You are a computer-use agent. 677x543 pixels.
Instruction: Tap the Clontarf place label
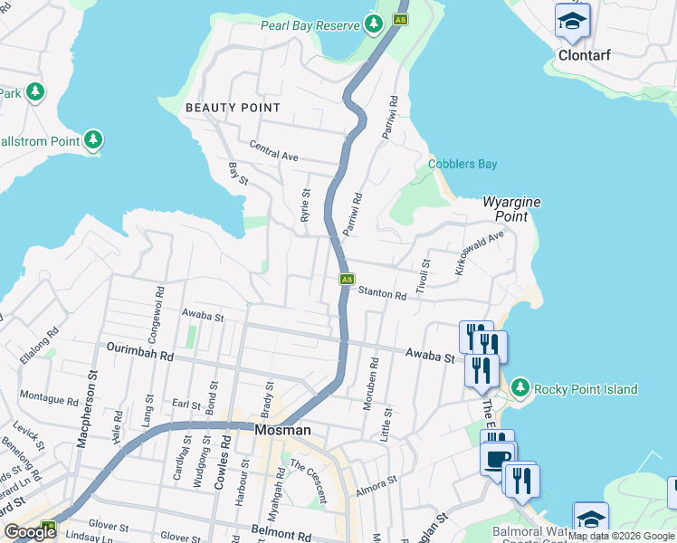pyautogui.click(x=584, y=55)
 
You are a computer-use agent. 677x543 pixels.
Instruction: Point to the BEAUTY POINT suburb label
pyautogui.click(x=233, y=108)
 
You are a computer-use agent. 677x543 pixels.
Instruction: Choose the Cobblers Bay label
pyautogui.click(x=462, y=164)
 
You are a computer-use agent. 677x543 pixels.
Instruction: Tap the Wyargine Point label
pyautogui.click(x=511, y=208)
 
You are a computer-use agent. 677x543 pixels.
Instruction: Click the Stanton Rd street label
pyautogui.click(x=382, y=292)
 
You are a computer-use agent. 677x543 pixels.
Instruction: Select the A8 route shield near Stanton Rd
pyautogui.click(x=347, y=280)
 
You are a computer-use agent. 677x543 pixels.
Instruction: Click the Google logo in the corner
pyautogui.click(x=30, y=532)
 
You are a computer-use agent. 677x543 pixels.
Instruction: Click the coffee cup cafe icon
pyautogui.click(x=497, y=459)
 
